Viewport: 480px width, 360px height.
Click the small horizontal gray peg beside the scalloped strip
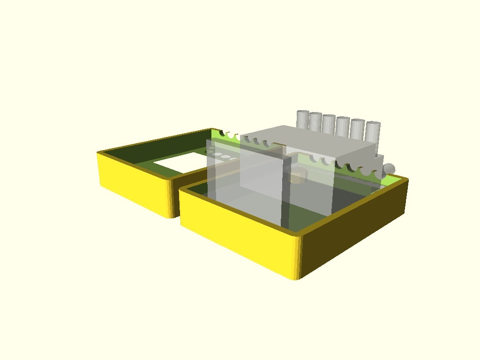click(x=389, y=169)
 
